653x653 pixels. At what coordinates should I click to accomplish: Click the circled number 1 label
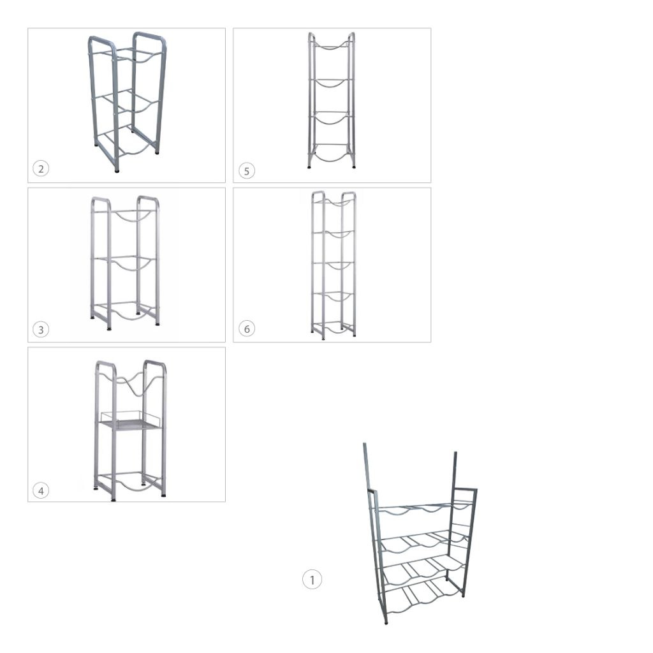point(312,579)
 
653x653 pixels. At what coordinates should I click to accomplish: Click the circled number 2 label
point(41,168)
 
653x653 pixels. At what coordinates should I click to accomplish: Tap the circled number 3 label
point(41,330)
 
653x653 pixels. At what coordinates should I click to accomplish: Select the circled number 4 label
point(41,490)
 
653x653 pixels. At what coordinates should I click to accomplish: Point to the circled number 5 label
point(247,171)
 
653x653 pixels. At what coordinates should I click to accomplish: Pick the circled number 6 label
point(247,328)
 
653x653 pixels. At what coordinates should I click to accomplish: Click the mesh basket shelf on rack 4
point(131,422)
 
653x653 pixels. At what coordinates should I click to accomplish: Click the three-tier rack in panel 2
point(127,101)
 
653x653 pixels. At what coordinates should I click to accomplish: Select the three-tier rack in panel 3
point(125,262)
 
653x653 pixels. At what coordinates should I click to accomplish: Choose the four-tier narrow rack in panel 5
point(332,100)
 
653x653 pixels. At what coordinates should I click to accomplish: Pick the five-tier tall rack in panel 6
point(334,265)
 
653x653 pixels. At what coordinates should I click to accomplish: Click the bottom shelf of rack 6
point(333,328)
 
